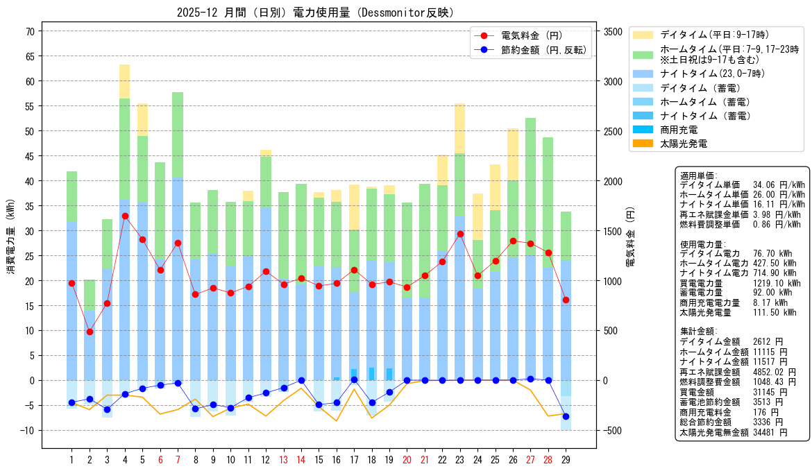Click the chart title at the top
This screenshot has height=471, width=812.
point(315,12)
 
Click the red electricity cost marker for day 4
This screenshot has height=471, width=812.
point(125,216)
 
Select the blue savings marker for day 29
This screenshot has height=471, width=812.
point(566,417)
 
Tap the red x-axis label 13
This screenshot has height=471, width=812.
point(283,460)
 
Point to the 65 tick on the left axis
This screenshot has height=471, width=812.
point(30,56)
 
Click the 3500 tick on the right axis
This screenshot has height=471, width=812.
point(613,32)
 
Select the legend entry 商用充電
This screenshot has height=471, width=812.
point(679,130)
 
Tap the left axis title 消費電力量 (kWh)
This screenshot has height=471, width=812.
point(11,237)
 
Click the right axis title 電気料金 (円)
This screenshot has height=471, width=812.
point(630,237)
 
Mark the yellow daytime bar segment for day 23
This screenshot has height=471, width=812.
point(460,128)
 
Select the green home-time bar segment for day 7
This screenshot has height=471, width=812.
point(178,135)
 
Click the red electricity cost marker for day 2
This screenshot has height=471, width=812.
point(90,332)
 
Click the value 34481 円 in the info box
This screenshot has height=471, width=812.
point(770,432)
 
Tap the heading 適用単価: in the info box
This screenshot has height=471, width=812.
point(699,175)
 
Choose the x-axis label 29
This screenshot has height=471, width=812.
point(566,460)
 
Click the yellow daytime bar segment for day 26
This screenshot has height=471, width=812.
point(513,155)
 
